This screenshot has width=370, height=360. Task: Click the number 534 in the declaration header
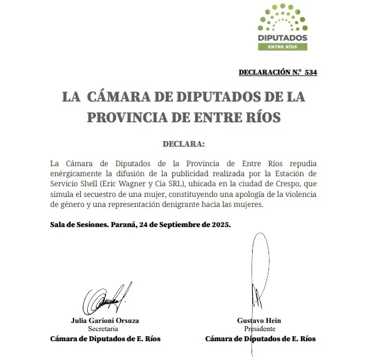(310, 72)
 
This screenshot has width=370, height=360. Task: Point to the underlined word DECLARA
(184, 144)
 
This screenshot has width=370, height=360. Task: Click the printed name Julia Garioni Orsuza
(105, 320)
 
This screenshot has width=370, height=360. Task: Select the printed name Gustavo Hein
(260, 320)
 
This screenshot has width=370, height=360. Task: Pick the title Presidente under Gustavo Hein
(260, 329)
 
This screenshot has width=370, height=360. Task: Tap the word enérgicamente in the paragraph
(81, 172)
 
